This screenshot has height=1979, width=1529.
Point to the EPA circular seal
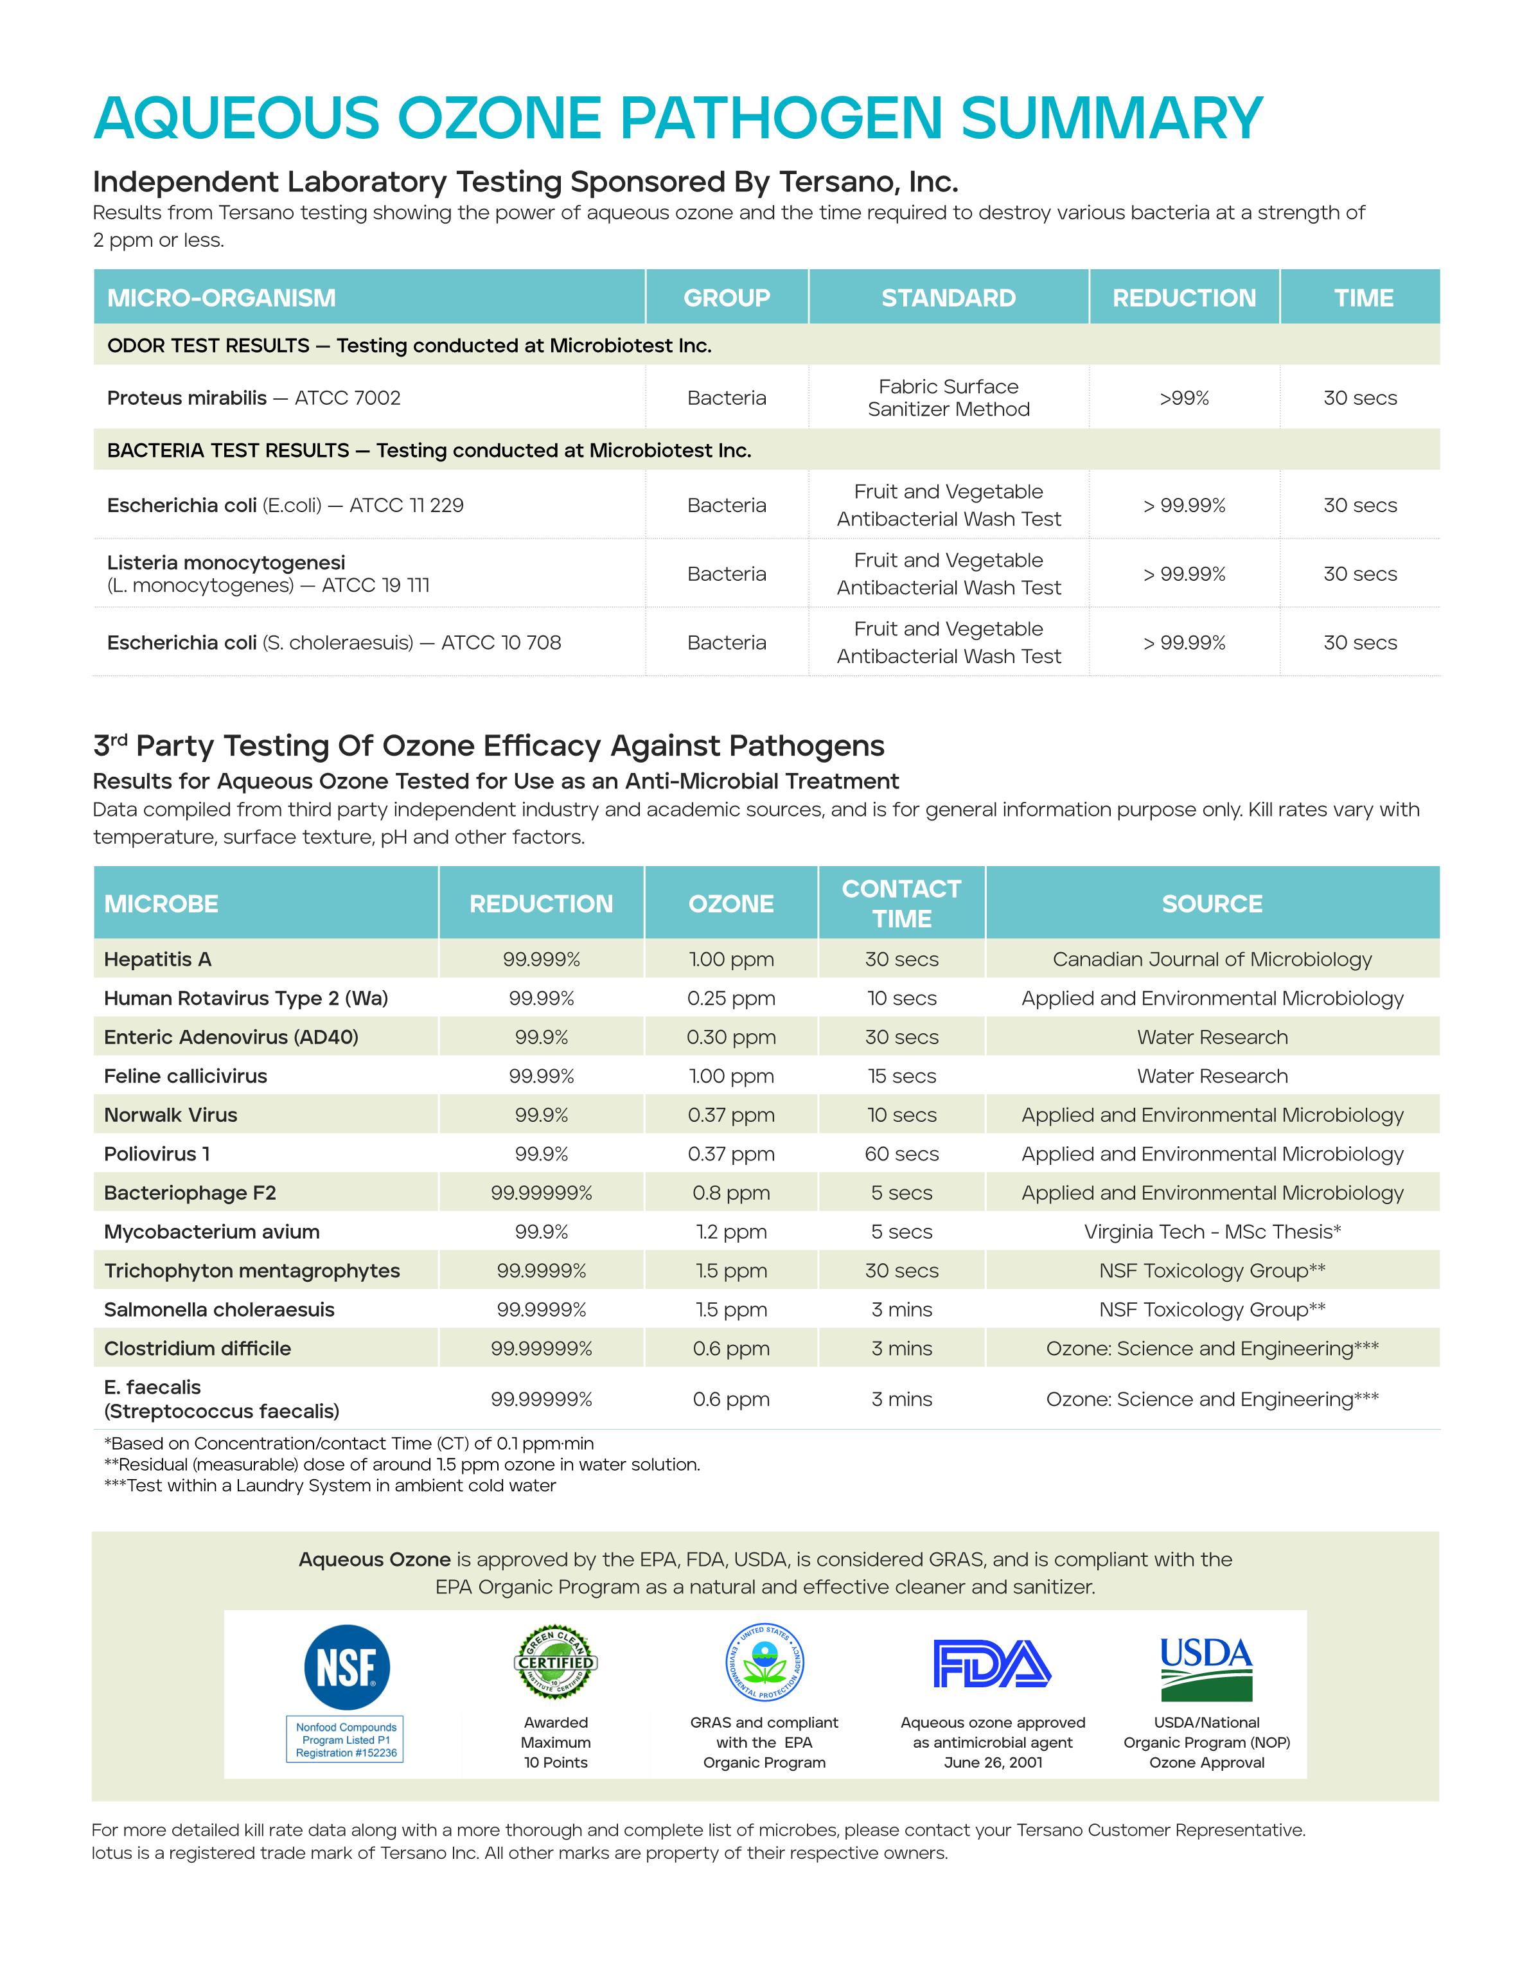(x=765, y=1663)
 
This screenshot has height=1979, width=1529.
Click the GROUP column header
(x=727, y=298)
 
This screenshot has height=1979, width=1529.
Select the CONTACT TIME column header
(x=901, y=903)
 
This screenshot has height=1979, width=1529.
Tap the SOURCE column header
(x=1212, y=903)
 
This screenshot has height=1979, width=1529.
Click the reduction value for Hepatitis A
(x=542, y=959)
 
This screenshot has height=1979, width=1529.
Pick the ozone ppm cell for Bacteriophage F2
(x=731, y=1193)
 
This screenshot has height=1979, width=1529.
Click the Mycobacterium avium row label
(x=212, y=1232)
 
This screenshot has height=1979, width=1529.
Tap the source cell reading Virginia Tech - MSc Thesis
(x=1212, y=1232)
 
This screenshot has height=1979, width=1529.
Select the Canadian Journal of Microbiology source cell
(x=1212, y=959)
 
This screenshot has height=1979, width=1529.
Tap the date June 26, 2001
(x=993, y=1762)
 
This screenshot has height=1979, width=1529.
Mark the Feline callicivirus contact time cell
(x=901, y=1076)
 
